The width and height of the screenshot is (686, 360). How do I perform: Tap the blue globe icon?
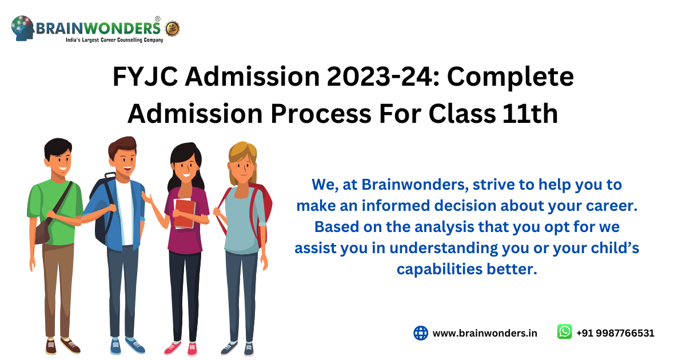421,333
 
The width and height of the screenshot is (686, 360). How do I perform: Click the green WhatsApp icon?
564,332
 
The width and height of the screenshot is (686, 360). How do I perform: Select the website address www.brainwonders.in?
485,333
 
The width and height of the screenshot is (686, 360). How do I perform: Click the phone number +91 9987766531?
615,333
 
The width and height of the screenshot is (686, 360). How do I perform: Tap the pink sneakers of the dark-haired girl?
182,347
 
